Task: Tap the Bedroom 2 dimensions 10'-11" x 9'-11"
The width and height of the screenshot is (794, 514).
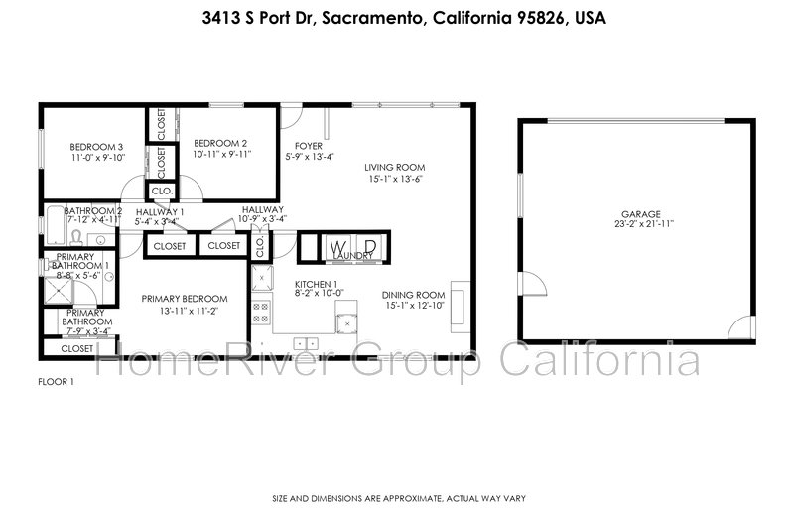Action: (x=221, y=154)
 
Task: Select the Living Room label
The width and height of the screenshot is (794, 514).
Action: (x=395, y=167)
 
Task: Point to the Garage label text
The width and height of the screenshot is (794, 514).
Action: (x=641, y=214)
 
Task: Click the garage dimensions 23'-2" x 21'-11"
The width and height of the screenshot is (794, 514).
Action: (x=644, y=224)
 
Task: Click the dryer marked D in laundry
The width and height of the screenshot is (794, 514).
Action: (x=370, y=247)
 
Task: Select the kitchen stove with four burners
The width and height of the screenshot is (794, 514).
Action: (x=261, y=312)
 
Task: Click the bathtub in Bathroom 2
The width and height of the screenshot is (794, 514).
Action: (x=54, y=224)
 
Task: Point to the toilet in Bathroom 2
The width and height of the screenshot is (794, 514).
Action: (x=76, y=237)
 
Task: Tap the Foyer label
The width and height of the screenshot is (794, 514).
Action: (x=309, y=146)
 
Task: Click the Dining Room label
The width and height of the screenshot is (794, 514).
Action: (x=413, y=295)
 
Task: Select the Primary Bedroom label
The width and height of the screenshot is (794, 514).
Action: (x=185, y=299)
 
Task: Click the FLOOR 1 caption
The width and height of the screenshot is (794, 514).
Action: (x=57, y=382)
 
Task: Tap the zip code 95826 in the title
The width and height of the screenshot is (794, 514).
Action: (x=541, y=18)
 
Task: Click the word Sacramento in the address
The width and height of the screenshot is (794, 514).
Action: (x=372, y=18)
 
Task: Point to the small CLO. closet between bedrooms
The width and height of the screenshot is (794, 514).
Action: (x=162, y=192)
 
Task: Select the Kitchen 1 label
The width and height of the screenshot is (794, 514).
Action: (x=316, y=285)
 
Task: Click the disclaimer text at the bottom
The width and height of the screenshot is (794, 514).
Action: (x=399, y=499)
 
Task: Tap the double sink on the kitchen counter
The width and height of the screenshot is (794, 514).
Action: (x=306, y=344)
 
